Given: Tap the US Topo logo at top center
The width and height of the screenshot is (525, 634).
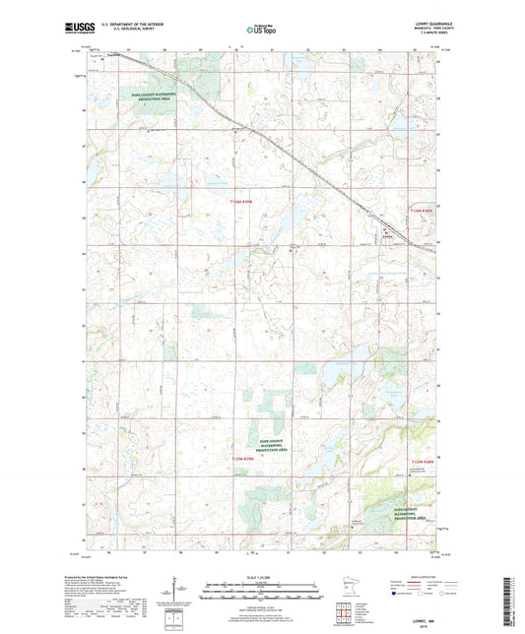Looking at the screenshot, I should pyautogui.click(x=261, y=30).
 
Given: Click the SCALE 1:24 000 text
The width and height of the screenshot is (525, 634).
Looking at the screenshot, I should pyautogui.click(x=262, y=575).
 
